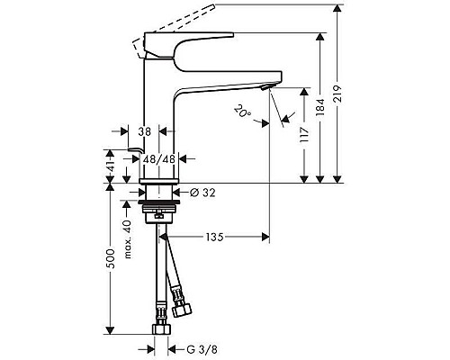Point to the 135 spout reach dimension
[212, 238]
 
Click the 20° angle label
[240, 112]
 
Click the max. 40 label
[129, 241]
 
